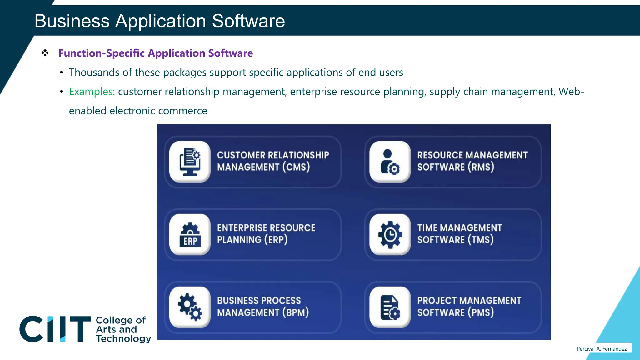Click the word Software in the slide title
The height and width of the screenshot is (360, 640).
(248, 21)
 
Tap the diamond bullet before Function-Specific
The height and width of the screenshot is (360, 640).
(45, 53)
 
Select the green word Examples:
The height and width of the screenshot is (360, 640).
(92, 92)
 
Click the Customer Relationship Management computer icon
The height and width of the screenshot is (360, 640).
(190, 162)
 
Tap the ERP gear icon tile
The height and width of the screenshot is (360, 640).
(190, 234)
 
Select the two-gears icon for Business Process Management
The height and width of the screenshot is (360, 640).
(190, 307)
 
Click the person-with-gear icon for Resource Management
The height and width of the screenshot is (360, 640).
(390, 162)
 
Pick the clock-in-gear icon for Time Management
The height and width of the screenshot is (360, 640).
(390, 234)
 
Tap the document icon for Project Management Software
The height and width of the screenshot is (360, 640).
(390, 307)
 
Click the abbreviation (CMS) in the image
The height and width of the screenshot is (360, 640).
(296, 167)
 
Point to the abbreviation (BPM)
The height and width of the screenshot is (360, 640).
(295, 312)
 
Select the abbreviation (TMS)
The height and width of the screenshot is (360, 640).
(480, 240)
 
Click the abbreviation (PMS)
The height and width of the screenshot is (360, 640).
(481, 312)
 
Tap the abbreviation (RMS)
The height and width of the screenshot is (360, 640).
(481, 167)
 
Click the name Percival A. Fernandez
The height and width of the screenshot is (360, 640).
(602, 349)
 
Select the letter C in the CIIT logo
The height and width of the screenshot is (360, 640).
(31, 329)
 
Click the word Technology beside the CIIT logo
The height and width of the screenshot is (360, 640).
(123, 339)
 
